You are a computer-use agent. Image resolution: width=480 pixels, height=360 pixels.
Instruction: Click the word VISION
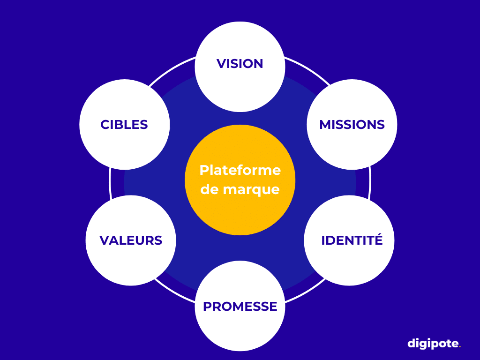[x=240, y=64]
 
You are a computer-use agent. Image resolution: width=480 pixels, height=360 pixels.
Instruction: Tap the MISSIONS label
[x=352, y=125]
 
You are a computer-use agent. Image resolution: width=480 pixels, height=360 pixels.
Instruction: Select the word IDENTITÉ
[x=352, y=240]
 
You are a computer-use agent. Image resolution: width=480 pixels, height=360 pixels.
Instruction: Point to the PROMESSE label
[x=240, y=307]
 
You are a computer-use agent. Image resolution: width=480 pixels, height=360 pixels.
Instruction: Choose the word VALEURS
[x=131, y=240]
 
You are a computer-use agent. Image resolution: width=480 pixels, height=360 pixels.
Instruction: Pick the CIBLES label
[x=124, y=125]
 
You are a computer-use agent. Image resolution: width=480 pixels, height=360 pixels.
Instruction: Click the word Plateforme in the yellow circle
[x=240, y=170]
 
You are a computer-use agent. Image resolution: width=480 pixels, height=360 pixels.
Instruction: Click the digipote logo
[x=434, y=344]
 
